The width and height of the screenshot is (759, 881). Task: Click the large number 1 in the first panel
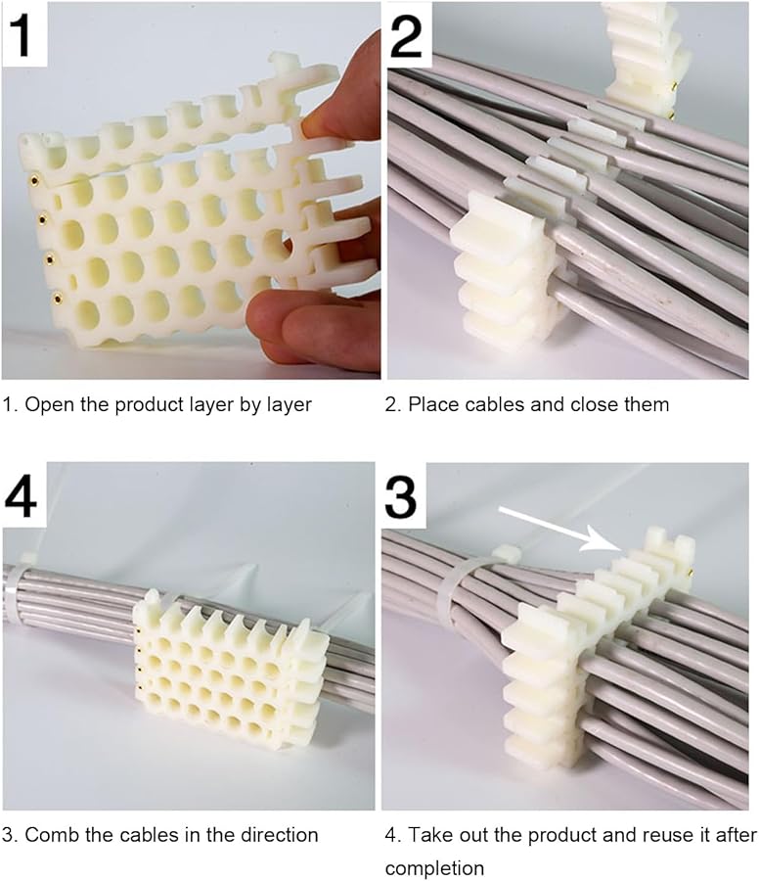point(23,33)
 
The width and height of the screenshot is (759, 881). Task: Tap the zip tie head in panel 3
point(506,554)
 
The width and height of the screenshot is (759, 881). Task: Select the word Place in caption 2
point(432,404)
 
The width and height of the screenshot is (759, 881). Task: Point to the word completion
point(434,868)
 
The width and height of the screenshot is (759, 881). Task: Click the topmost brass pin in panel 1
point(34,179)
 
